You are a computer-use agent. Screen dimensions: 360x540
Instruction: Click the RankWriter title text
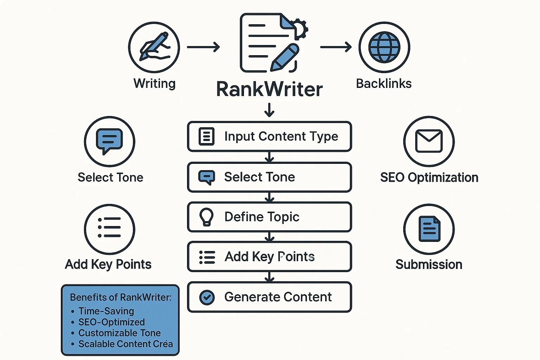269,89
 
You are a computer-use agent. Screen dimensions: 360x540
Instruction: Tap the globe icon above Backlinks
384,47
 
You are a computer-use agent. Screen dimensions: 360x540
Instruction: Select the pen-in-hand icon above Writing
154,47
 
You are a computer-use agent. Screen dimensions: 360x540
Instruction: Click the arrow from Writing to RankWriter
203,47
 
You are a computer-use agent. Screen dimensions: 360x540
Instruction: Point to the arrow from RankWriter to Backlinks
336,47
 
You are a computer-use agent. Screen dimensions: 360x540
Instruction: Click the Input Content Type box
270,136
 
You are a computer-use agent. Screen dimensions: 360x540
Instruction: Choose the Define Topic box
270,217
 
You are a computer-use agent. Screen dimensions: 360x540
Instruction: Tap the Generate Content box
270,297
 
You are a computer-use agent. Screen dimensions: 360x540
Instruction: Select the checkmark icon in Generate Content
207,297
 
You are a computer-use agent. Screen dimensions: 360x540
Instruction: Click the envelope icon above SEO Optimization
429,141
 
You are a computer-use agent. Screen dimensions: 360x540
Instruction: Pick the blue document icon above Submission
429,229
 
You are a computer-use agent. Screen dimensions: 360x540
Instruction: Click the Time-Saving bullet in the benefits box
106,311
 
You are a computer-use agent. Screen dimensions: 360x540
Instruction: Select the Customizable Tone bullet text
120,333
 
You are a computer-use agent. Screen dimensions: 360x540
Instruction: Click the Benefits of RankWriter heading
121,297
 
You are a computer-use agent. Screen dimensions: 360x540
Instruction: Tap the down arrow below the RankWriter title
269,110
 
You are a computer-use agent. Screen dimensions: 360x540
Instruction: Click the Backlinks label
384,84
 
